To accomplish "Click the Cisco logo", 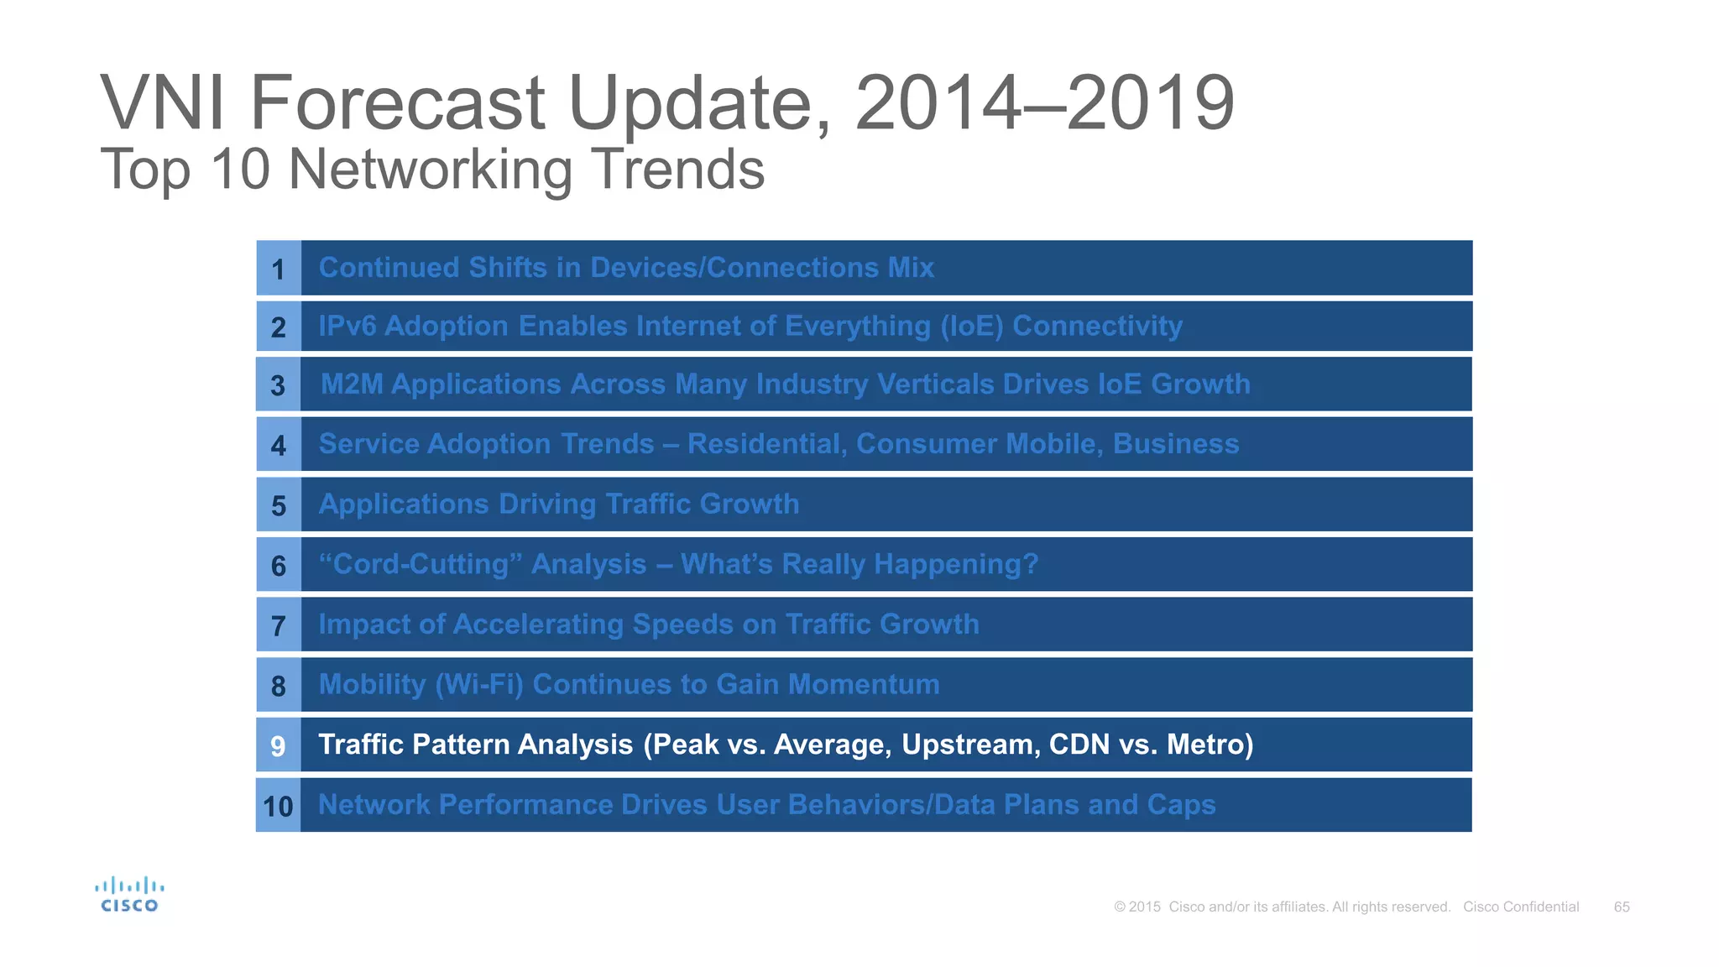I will (x=129, y=895).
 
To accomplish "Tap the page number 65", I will (x=1621, y=907).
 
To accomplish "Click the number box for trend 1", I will (x=278, y=269).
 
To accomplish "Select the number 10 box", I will (x=278, y=806).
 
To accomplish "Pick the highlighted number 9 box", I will (x=278, y=745).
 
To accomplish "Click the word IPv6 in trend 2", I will (x=347, y=326).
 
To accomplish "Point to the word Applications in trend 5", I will (x=403, y=504).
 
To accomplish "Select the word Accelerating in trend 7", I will (x=538, y=625).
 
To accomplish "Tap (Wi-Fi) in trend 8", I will (x=478, y=685).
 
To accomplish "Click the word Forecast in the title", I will (x=398, y=103).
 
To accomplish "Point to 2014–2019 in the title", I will (x=1044, y=103).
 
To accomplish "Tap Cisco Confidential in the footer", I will (x=1521, y=907).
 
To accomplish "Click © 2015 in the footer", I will (x=1136, y=907).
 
